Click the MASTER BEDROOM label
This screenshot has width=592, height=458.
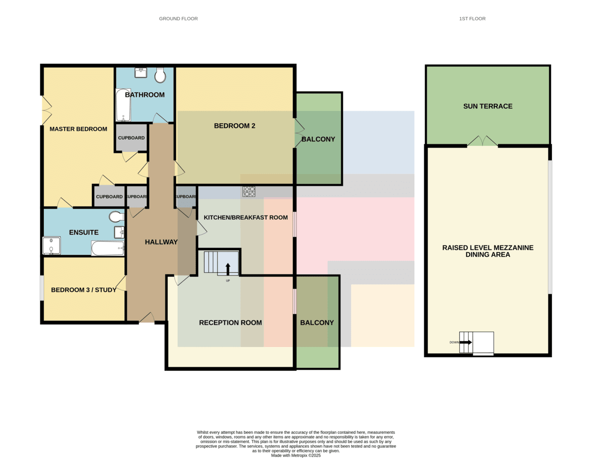pyautogui.click(x=78, y=129)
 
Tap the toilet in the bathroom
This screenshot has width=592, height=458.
pyautogui.click(x=160, y=75)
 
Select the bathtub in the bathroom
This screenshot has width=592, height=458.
pyautogui.click(x=123, y=105)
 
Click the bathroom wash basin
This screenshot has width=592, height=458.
pyautogui.click(x=141, y=72)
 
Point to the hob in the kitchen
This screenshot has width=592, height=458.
pyautogui.click(x=249, y=191)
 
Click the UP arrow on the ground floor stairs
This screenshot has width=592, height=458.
pyautogui.click(x=228, y=269)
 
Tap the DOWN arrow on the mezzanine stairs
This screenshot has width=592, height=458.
pyautogui.click(x=466, y=342)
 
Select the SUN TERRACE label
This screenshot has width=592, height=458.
pyautogui.click(x=487, y=106)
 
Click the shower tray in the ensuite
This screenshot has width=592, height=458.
pyautogui.click(x=51, y=246)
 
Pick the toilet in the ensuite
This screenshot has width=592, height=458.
pyautogui.click(x=116, y=216)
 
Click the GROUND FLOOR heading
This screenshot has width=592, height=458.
pyautogui.click(x=179, y=19)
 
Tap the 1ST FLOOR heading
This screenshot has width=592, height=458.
pyautogui.click(x=473, y=19)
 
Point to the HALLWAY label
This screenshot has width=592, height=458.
pyautogui.click(x=161, y=242)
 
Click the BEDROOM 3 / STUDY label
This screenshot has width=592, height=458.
pyautogui.click(x=84, y=290)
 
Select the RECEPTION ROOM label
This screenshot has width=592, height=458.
pyautogui.click(x=230, y=323)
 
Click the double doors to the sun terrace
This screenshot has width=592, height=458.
pyautogui.click(x=482, y=141)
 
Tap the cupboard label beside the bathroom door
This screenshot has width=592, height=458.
pyautogui.click(x=131, y=138)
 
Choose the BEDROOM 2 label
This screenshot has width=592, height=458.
pyautogui.click(x=234, y=126)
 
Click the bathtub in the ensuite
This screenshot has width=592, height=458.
pyautogui.click(x=108, y=248)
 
